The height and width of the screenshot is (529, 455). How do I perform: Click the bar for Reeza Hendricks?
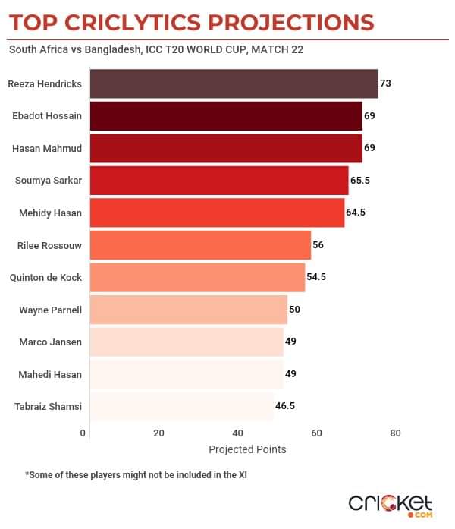(x=234, y=83)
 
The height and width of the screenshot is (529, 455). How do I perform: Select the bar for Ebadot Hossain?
(x=226, y=116)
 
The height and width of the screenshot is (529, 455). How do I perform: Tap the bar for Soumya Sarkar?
(x=219, y=181)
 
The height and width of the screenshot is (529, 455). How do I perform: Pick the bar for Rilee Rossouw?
(x=200, y=245)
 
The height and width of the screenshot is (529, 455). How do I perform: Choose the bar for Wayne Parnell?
(x=188, y=310)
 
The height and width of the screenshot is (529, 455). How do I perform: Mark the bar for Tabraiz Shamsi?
(x=181, y=406)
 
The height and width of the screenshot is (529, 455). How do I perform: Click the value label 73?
(x=385, y=83)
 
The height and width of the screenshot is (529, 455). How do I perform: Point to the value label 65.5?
(x=359, y=181)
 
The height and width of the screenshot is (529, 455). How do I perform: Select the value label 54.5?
(x=316, y=277)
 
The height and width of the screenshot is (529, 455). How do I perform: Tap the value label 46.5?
(x=285, y=406)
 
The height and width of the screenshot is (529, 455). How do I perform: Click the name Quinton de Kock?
(x=45, y=277)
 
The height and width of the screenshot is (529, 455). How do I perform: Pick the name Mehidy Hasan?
(x=50, y=213)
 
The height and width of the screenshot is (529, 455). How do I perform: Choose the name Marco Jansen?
(x=50, y=342)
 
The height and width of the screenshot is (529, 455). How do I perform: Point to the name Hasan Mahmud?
(x=47, y=148)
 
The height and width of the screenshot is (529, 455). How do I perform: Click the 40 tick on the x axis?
(x=238, y=433)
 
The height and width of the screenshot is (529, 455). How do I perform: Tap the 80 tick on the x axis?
(x=395, y=433)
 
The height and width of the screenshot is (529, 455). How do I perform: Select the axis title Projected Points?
(x=247, y=449)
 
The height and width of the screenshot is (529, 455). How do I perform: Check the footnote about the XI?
(x=136, y=475)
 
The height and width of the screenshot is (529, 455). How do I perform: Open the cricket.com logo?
(x=391, y=504)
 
